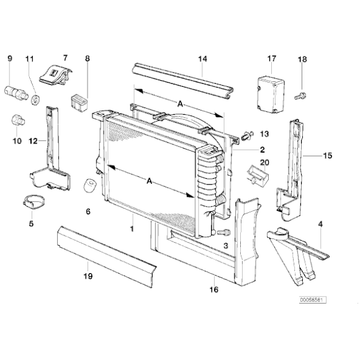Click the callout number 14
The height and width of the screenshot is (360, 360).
(202, 59)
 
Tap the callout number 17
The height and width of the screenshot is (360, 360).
(271, 59)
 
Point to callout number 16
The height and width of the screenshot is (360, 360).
(214, 289)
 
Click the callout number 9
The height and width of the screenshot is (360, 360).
(9, 59)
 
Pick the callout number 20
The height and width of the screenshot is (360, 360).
(265, 163)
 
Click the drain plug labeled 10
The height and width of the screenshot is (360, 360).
(17, 119)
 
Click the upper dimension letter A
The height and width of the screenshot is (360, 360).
(179, 104)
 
